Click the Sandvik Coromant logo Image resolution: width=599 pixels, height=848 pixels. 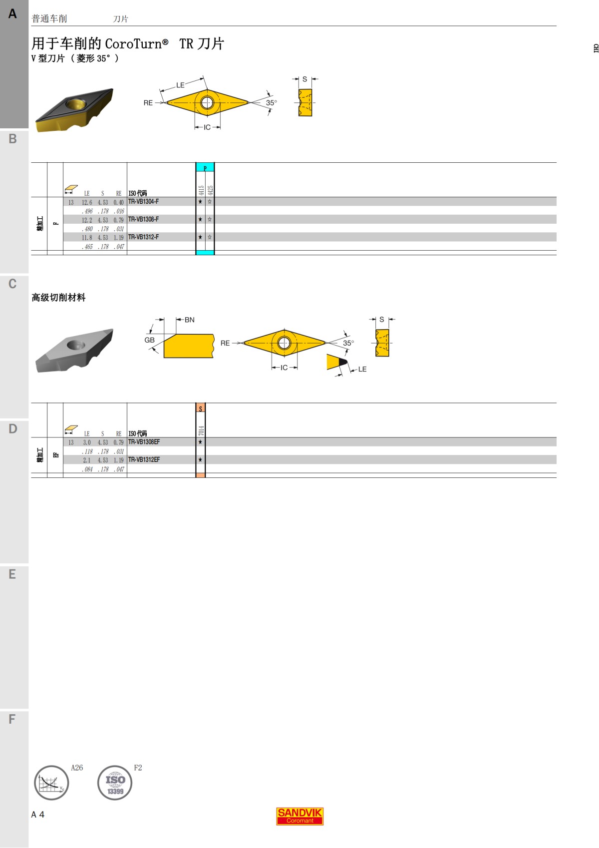click(x=299, y=816)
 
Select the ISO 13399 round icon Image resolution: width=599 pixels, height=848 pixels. click(x=115, y=783)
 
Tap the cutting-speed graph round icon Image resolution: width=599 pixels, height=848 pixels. click(x=51, y=783)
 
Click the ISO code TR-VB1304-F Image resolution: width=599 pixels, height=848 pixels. click(x=144, y=202)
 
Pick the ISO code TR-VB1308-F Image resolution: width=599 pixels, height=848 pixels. click(x=144, y=219)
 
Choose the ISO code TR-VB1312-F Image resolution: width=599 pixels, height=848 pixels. click(x=144, y=237)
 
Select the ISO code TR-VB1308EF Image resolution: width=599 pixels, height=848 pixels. click(x=144, y=442)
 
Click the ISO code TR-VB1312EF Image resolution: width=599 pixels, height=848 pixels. click(x=144, y=459)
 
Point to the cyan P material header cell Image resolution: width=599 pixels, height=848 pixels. click(x=205, y=168)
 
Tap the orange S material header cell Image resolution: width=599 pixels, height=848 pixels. click(x=201, y=408)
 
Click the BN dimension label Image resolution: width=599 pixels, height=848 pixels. click(x=190, y=320)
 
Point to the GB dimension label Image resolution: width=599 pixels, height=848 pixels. click(x=149, y=340)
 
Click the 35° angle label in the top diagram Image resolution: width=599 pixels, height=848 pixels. click(x=271, y=103)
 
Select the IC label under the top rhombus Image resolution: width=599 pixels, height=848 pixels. click(x=207, y=127)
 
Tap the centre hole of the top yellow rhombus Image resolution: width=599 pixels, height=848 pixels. click(x=207, y=103)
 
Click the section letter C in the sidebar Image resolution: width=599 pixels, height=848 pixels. click(x=12, y=284)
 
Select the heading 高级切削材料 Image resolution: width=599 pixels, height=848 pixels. click(x=58, y=298)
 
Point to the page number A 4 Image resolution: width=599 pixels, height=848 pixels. click(x=38, y=815)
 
